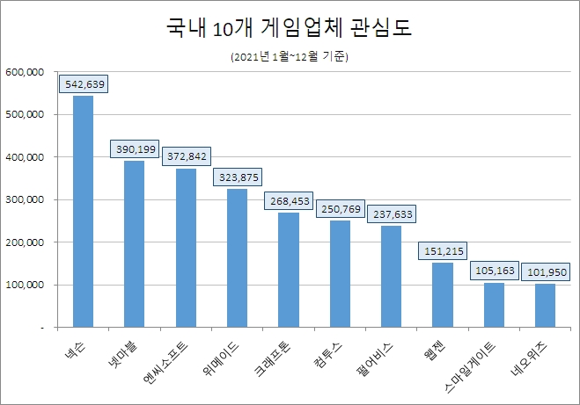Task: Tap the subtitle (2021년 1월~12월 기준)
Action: pyautogui.click(x=290, y=57)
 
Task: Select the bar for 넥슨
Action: pyautogui.click(x=83, y=211)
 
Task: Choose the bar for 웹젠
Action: pyautogui.click(x=443, y=294)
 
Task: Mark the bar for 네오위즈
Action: pyautogui.click(x=546, y=305)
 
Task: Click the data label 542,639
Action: pyautogui.click(x=83, y=84)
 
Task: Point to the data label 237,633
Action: pyautogui.click(x=391, y=214)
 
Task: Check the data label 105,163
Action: pyautogui.click(x=494, y=271)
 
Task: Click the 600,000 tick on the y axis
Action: pyautogui.click(x=25, y=72)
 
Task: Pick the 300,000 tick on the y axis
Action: pyautogui.click(x=25, y=199)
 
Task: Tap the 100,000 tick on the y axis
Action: pyautogui.click(x=25, y=285)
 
